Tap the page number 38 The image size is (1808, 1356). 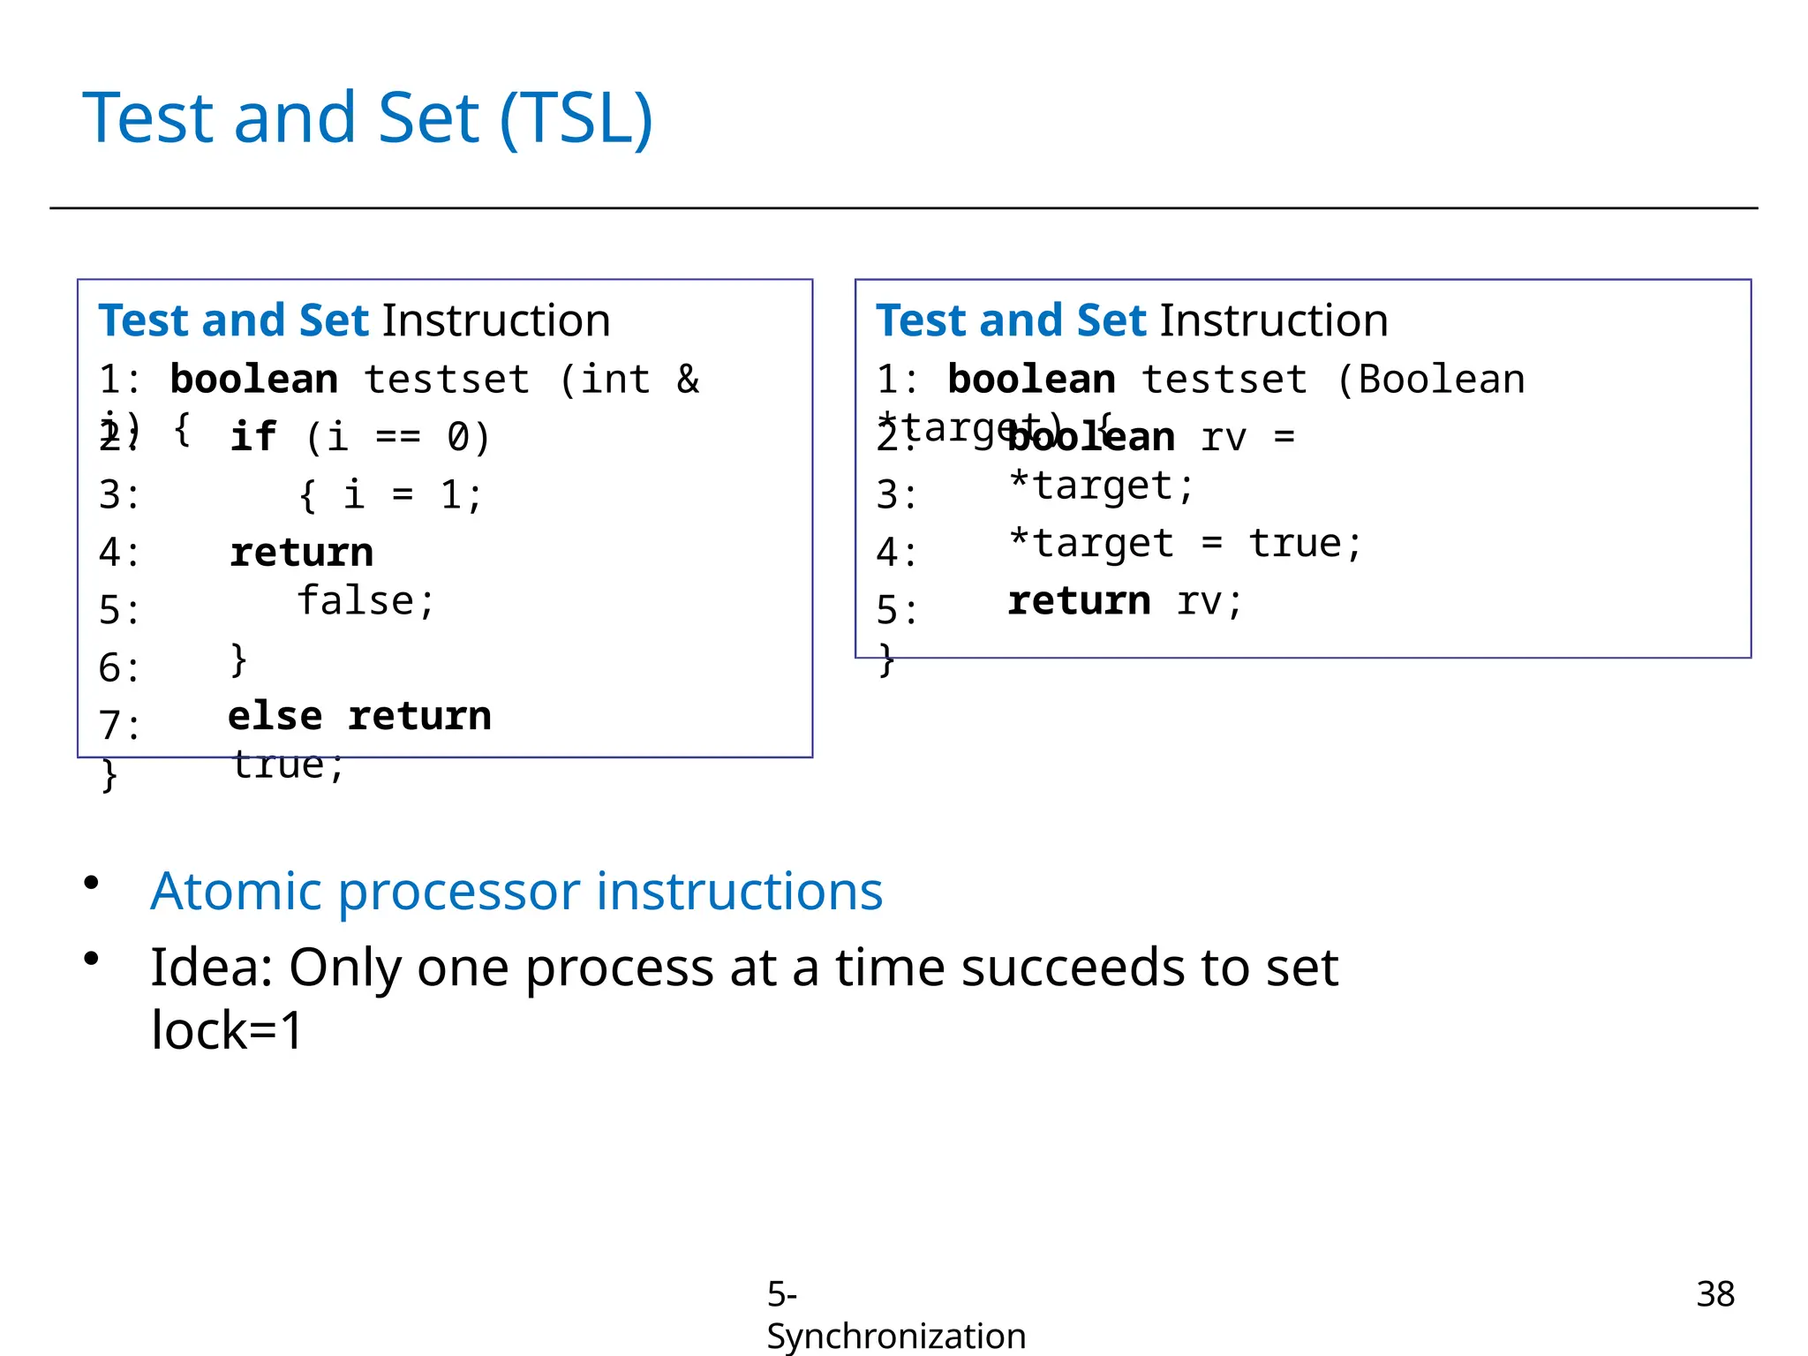point(1714,1294)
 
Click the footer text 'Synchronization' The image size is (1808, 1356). point(895,1336)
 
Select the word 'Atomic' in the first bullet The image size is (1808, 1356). point(235,891)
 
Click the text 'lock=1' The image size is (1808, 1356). point(227,1030)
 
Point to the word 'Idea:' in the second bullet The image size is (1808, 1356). point(212,968)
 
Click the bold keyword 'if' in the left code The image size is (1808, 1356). point(252,437)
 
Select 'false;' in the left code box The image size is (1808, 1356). point(365,601)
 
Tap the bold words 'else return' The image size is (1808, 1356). point(359,716)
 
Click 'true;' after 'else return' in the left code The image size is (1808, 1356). point(288,765)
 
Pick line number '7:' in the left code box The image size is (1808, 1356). point(119,726)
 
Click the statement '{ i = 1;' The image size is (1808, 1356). point(390,495)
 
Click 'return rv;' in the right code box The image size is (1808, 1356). point(1125,602)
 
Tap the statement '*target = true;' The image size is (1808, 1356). point(1185,544)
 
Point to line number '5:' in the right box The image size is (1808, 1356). point(896,610)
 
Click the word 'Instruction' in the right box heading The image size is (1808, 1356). point(1273,320)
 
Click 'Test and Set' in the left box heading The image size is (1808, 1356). point(233,320)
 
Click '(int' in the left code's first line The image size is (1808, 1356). point(606,380)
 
